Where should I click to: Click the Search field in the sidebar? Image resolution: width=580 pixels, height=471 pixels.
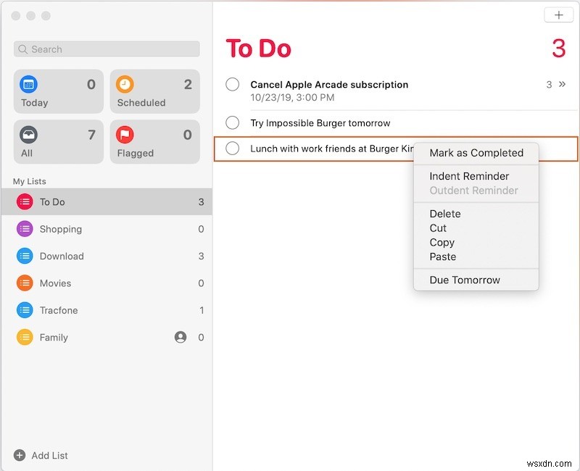click(x=107, y=49)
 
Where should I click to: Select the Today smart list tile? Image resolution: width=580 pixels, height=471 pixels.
click(x=58, y=91)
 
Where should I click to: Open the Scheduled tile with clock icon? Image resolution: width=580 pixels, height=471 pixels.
click(x=154, y=91)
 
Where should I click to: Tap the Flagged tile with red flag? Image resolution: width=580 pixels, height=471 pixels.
click(x=154, y=142)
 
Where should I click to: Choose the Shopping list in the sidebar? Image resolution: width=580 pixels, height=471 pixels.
click(x=61, y=229)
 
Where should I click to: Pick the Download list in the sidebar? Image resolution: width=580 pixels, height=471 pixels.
click(x=62, y=256)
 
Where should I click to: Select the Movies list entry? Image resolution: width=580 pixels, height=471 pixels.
click(x=55, y=283)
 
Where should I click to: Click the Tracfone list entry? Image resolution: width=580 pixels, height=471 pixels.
click(x=59, y=310)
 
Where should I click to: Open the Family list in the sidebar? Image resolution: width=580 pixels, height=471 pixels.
click(x=54, y=338)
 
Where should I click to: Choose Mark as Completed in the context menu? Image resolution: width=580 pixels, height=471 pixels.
click(x=476, y=153)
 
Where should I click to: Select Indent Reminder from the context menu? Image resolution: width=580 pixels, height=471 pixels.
click(x=469, y=176)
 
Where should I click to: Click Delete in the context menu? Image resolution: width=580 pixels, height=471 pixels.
click(x=445, y=214)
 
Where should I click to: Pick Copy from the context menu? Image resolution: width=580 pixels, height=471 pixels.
click(x=442, y=243)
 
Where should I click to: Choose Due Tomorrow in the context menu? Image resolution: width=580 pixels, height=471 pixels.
click(x=465, y=280)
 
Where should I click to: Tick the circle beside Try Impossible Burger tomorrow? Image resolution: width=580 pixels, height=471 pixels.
click(x=233, y=122)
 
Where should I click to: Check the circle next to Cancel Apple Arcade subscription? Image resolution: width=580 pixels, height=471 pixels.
click(x=233, y=85)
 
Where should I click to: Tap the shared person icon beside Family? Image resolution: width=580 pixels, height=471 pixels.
click(x=181, y=337)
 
